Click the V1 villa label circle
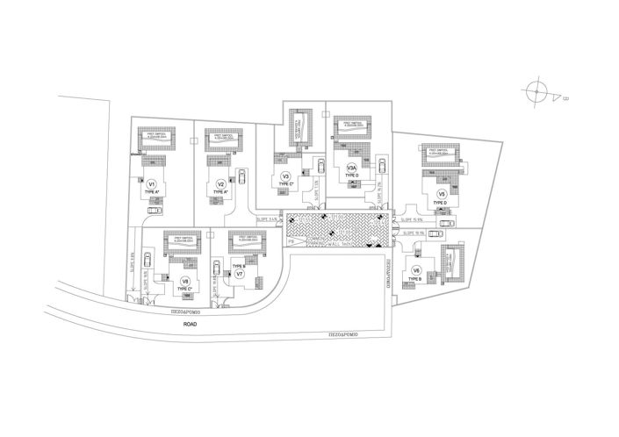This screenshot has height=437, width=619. click(152, 183)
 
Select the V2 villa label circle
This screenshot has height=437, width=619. click(221, 183)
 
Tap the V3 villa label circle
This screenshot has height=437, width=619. click(285, 176)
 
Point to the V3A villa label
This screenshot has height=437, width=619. click(351, 168)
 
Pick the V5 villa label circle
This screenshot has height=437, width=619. click(443, 193)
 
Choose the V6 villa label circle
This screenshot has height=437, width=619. click(416, 270)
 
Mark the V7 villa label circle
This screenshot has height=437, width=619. click(239, 275)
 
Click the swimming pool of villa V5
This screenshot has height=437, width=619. click(441, 153)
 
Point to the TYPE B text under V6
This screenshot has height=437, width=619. click(414, 279)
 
